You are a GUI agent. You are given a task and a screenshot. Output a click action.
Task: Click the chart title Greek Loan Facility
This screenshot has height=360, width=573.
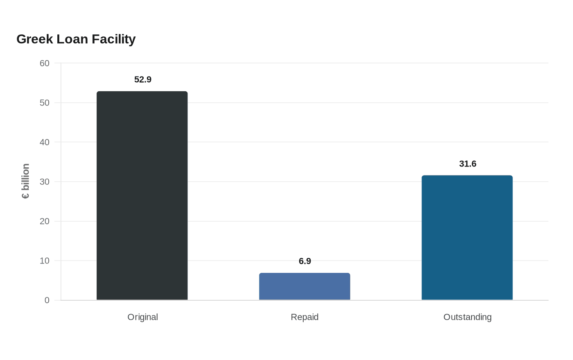[x=76, y=39]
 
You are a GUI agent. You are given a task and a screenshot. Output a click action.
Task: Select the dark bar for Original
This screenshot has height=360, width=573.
[x=142, y=196]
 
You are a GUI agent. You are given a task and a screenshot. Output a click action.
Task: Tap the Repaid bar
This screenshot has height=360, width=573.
[x=305, y=286]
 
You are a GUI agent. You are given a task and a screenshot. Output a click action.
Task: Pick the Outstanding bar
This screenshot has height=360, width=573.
[x=467, y=238]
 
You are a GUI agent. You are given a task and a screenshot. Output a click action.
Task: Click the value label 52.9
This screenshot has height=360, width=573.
[x=143, y=79]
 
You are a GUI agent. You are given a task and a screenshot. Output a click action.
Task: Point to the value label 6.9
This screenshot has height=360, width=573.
[x=305, y=261]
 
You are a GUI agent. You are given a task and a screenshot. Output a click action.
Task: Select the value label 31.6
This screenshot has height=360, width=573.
[x=467, y=164]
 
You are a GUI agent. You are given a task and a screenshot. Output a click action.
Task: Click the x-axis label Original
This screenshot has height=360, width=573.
[x=143, y=317]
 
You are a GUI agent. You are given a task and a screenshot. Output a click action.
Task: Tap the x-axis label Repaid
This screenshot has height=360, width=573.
[x=305, y=317]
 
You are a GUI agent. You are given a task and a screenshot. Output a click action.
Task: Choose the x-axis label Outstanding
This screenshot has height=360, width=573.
[x=467, y=317]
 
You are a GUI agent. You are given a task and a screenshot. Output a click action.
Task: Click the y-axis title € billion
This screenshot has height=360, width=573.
[x=25, y=181]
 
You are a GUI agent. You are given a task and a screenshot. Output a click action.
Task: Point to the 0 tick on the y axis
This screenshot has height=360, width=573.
[x=47, y=300]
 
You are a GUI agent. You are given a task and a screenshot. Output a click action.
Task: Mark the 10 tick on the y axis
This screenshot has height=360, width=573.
[x=45, y=261]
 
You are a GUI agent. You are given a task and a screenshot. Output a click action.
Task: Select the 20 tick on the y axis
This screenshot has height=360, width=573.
[x=45, y=221]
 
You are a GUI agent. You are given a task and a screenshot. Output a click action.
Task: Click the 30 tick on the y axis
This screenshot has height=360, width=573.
[x=45, y=182]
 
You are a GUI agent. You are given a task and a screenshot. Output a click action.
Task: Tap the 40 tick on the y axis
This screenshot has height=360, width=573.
[x=45, y=142]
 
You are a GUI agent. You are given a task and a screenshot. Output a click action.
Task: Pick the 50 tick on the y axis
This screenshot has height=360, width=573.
[x=45, y=103]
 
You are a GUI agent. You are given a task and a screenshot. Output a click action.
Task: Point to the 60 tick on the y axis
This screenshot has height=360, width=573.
[x=45, y=63]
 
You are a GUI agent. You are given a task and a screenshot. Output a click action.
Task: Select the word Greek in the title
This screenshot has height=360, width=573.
[x=35, y=39]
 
